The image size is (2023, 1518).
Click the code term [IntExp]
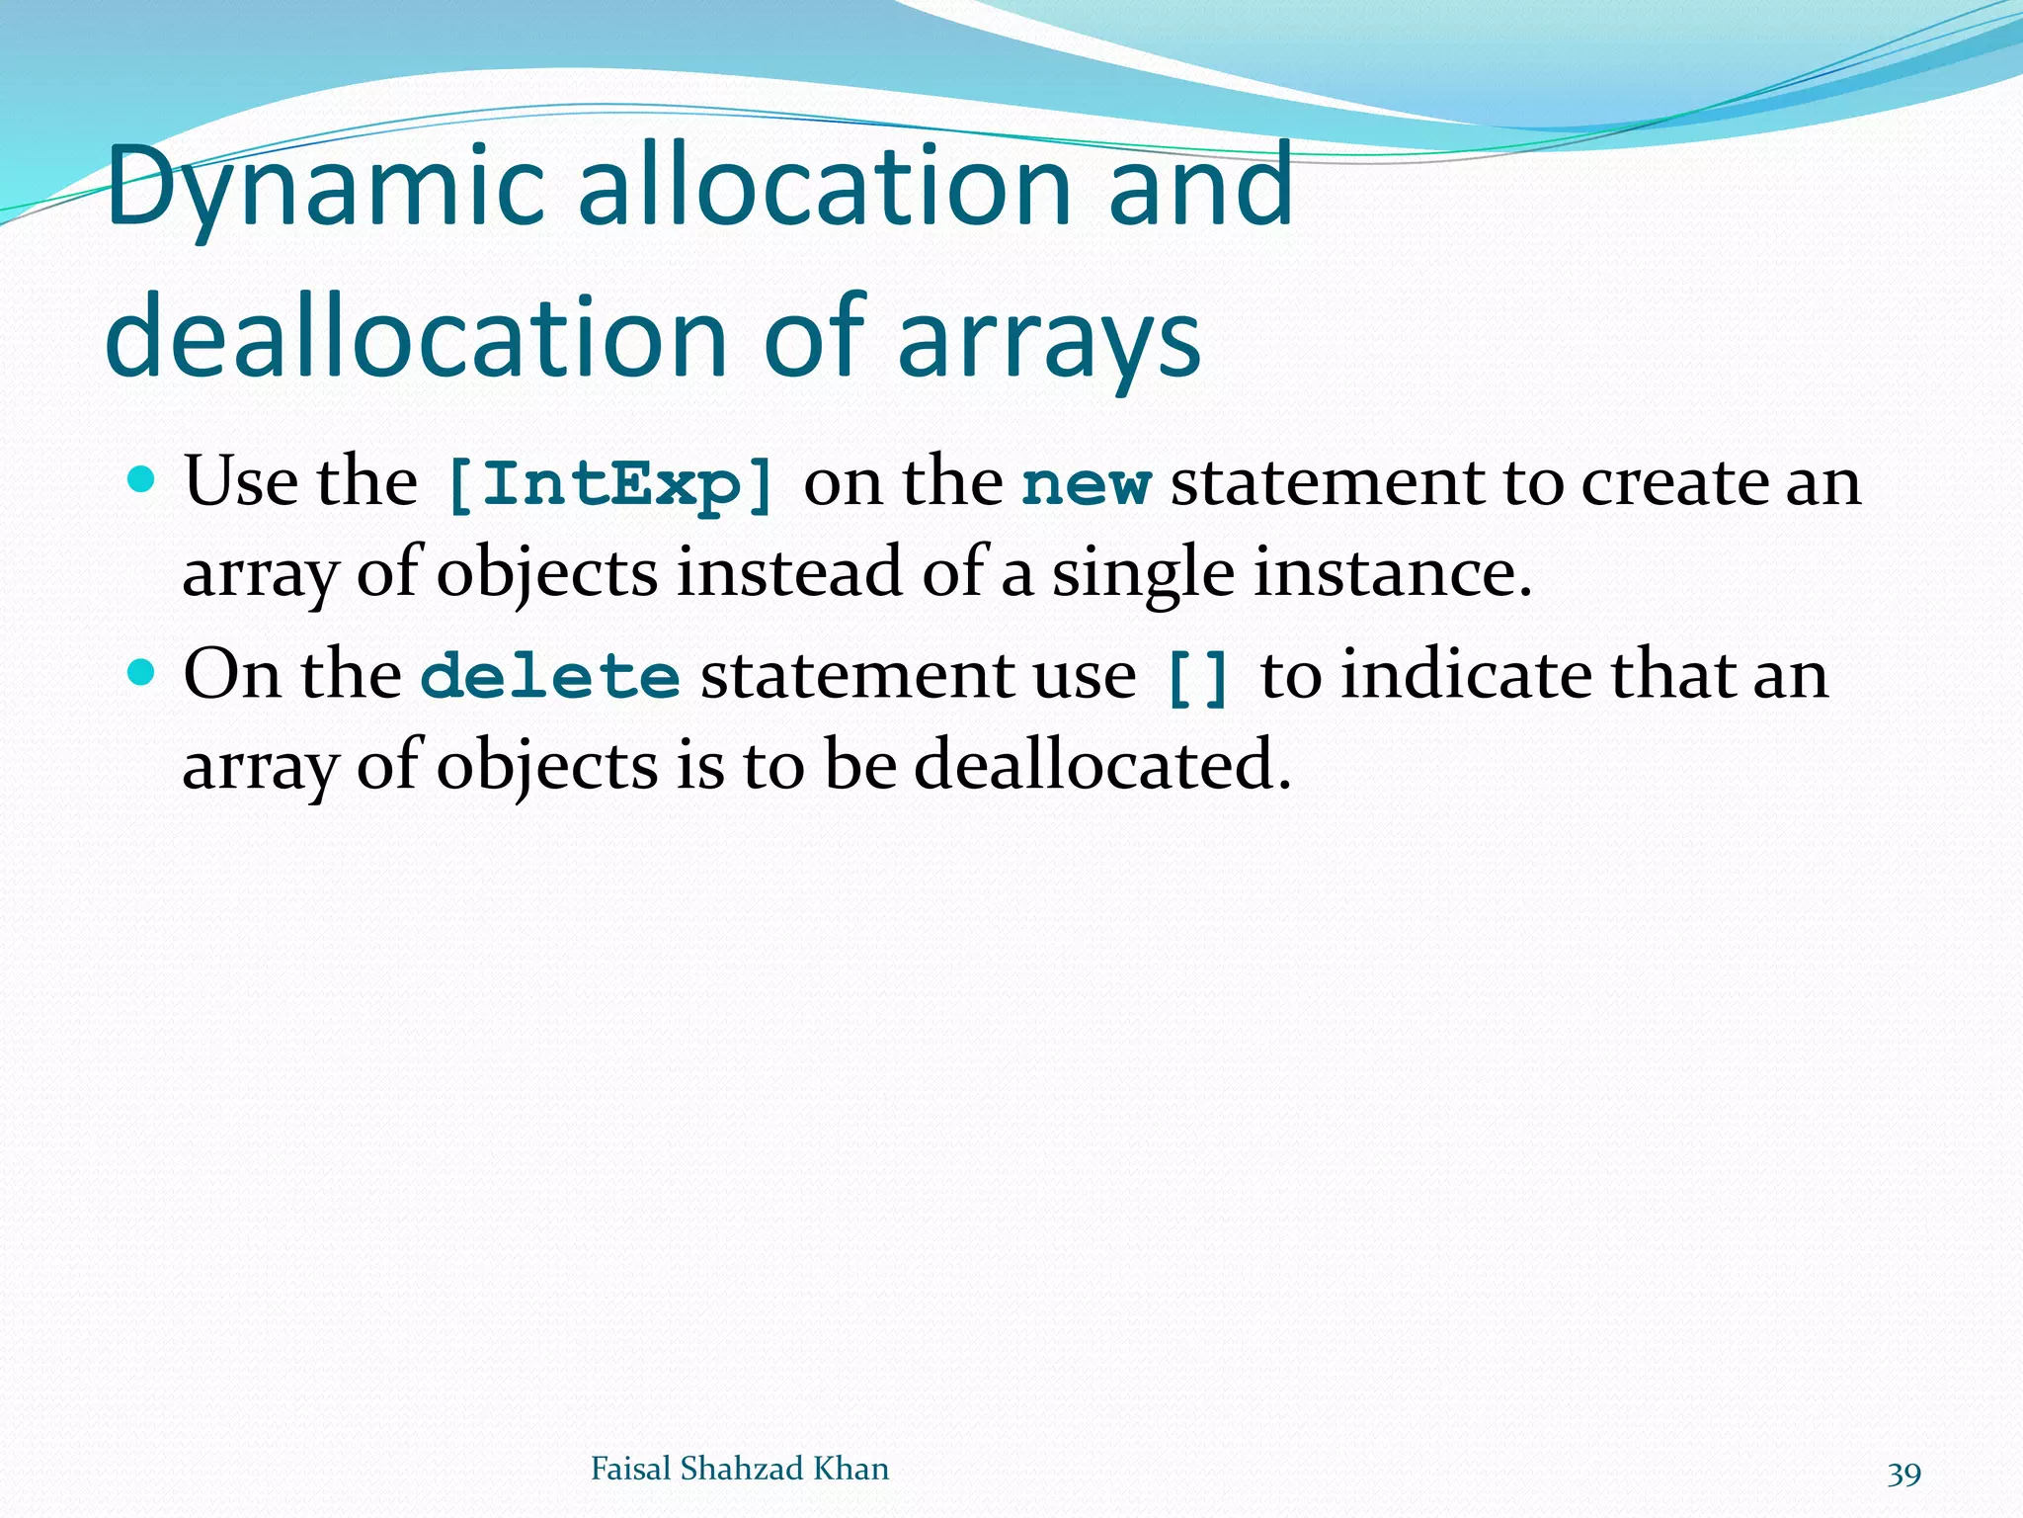(x=609, y=484)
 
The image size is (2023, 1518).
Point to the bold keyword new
(x=1086, y=484)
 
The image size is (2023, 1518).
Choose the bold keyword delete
(x=550, y=676)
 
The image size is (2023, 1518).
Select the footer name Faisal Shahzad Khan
(x=739, y=1469)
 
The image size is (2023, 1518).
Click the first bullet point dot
(x=143, y=481)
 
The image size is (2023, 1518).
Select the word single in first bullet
(x=1142, y=573)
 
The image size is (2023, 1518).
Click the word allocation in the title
(x=824, y=188)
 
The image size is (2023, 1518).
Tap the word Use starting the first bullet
(x=240, y=482)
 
